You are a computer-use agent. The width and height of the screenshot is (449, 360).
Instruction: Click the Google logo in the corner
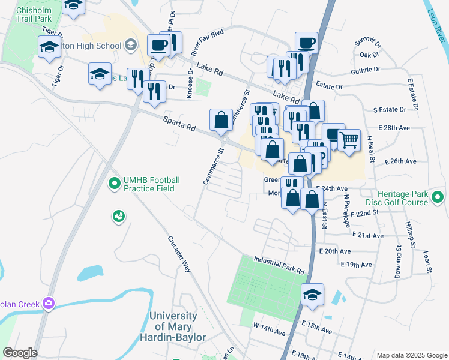[x=19, y=353]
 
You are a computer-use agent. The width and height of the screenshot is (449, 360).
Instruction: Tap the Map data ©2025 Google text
[x=411, y=355]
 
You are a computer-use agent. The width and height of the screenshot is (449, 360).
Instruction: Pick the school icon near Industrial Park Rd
[x=312, y=295]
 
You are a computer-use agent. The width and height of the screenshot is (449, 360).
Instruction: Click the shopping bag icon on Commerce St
[x=221, y=119]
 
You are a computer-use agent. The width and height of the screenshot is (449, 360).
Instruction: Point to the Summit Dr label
[x=367, y=43]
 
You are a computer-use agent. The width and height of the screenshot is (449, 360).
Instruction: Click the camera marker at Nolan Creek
[x=47, y=304]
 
